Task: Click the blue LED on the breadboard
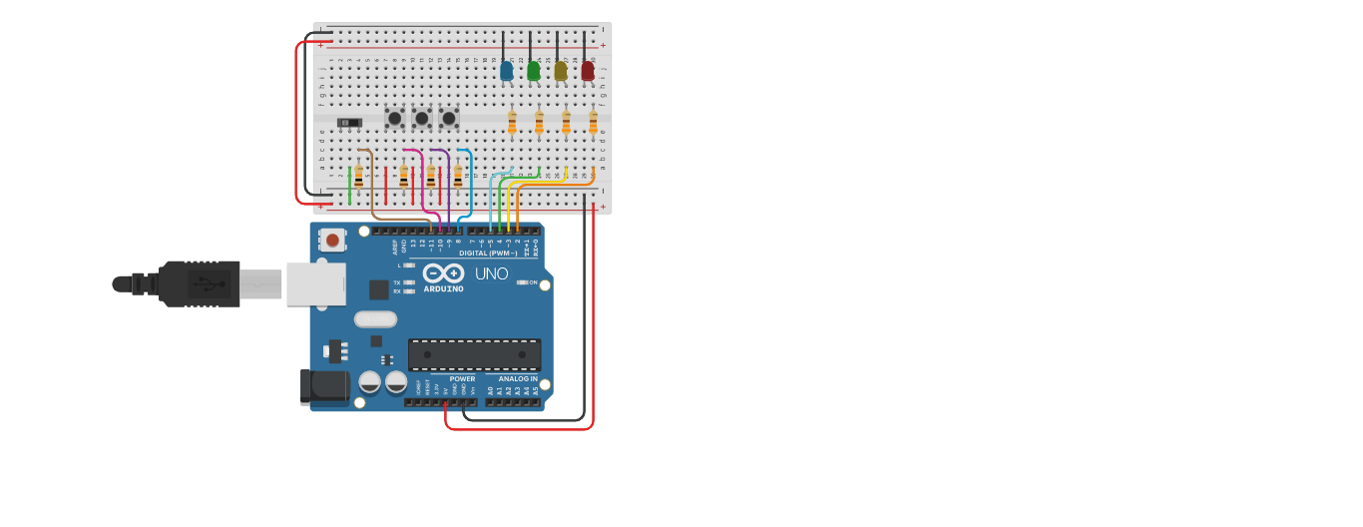coord(507,71)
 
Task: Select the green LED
coord(534,71)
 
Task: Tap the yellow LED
coord(561,71)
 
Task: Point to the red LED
coord(588,71)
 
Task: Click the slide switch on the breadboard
coord(348,122)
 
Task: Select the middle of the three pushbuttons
coord(422,118)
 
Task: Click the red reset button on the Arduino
coord(332,241)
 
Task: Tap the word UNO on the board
coord(491,273)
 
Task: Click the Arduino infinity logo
coord(443,273)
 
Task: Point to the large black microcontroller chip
coord(474,354)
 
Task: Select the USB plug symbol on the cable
coord(209,283)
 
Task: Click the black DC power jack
coord(324,387)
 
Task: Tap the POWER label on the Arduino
coord(462,379)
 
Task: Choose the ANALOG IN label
coord(518,379)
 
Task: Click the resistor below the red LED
coord(593,122)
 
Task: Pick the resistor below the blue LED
coord(512,122)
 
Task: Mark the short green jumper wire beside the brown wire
coord(349,185)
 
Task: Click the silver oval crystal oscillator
coord(375,319)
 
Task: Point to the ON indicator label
coord(533,282)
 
